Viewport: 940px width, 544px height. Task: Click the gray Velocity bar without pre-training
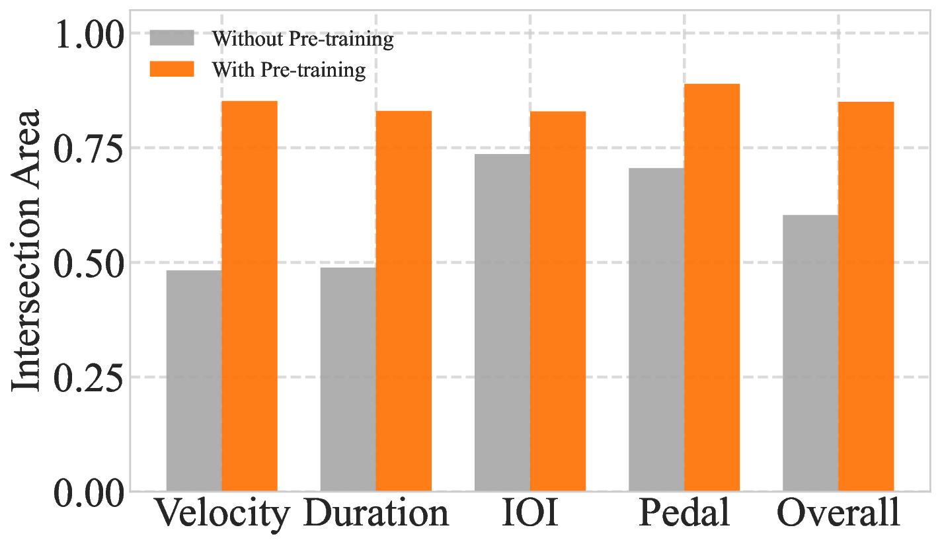pos(194,381)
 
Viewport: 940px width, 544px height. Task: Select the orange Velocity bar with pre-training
pos(249,296)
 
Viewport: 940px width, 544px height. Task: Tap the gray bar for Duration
pos(348,379)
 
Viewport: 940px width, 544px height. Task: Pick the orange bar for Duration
pos(404,301)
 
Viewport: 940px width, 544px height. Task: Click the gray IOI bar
pos(502,323)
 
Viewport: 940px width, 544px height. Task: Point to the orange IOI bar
pos(558,301)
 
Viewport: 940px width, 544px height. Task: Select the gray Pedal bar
pos(656,330)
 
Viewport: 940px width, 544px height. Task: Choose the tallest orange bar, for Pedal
pos(712,288)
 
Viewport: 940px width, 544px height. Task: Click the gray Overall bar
pos(810,353)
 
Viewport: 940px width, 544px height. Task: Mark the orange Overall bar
pos(866,297)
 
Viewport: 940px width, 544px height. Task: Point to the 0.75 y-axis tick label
pos(91,147)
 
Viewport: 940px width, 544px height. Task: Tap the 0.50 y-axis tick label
pos(91,262)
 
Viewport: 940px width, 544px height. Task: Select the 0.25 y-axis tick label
pos(91,377)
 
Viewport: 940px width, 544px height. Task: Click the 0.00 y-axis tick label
pos(91,492)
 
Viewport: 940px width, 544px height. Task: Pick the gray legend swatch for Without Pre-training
pos(172,38)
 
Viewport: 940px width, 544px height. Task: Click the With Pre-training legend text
pos(288,69)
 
